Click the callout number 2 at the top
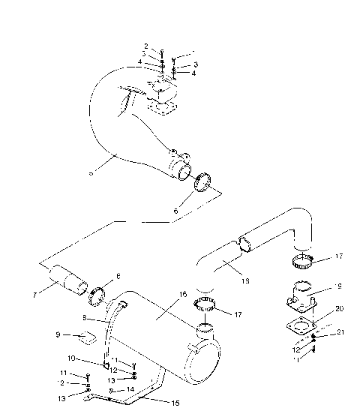click(146, 46)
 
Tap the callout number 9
click(57, 334)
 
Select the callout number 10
click(72, 358)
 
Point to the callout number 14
click(130, 390)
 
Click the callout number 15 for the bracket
click(177, 403)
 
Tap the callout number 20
click(318, 309)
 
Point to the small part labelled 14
click(110, 391)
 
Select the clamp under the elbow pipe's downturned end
click(303, 262)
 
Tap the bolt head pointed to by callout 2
click(161, 52)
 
